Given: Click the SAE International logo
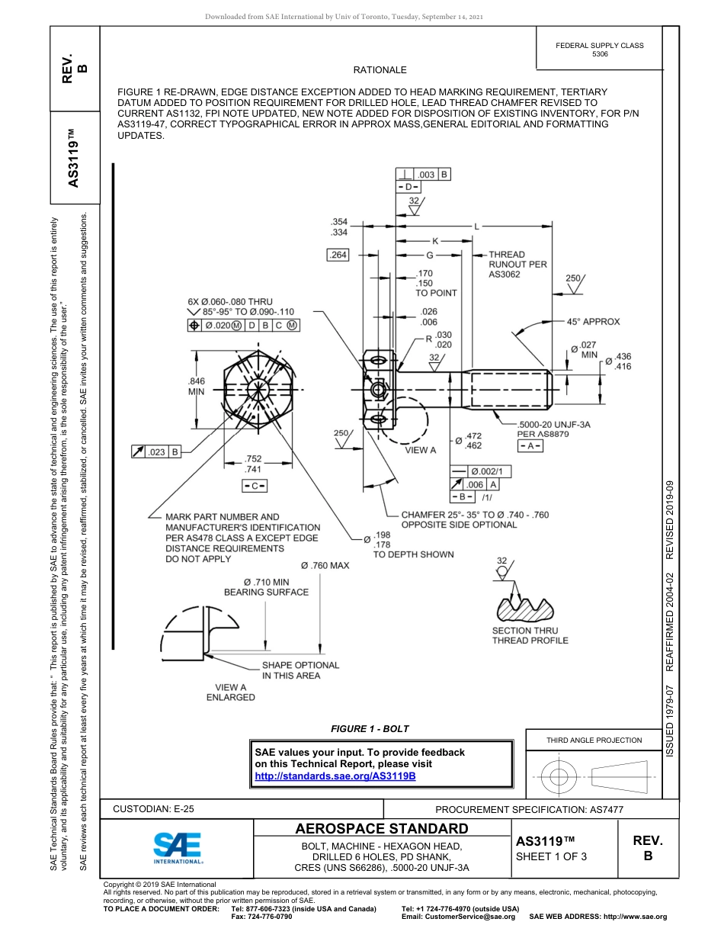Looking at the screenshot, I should pyautogui.click(x=177, y=846).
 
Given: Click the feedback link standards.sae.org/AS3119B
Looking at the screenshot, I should pyautogui.click(x=335, y=776).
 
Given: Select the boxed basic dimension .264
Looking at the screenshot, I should pyautogui.click(x=338, y=255).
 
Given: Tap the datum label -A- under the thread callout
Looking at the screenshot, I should pyautogui.click(x=530, y=445).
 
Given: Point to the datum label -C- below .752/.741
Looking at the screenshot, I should pyautogui.click(x=255, y=486).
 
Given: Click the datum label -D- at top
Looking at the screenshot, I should pyautogui.click(x=408, y=187).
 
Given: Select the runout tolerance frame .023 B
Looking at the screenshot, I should pyautogui.click(x=156, y=452).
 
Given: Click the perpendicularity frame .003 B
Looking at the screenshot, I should pyautogui.click(x=424, y=175).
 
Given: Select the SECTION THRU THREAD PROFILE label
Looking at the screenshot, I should pyautogui.click(x=530, y=635).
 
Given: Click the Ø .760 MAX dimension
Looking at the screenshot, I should pyautogui.click(x=325, y=566).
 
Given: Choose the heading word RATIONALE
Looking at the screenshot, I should pyautogui.click(x=380, y=70).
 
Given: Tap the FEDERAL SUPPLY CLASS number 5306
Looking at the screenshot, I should pyautogui.click(x=600, y=54).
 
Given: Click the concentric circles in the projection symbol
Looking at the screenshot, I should pyautogui.click(x=559, y=777).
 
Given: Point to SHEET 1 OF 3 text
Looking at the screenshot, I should pyautogui.click(x=552, y=856).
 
